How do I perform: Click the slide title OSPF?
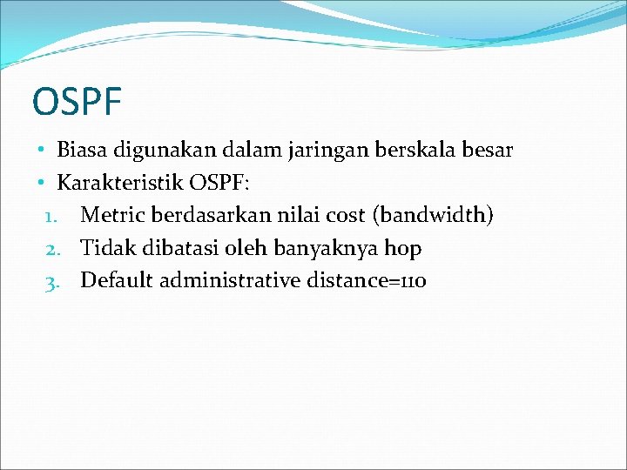(x=76, y=101)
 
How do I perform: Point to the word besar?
(x=489, y=150)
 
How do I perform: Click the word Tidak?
(x=104, y=248)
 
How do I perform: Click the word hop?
(x=403, y=249)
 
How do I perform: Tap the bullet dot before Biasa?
(x=41, y=151)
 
